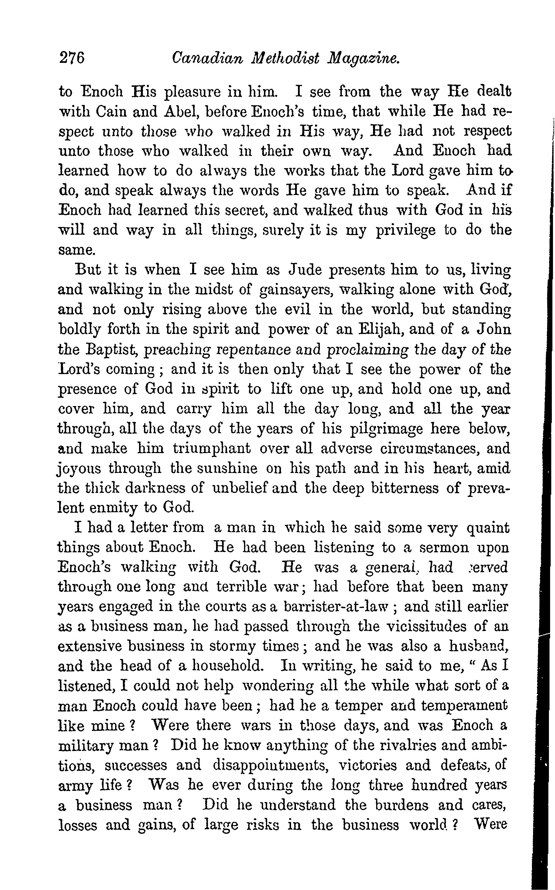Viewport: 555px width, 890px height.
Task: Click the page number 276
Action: pos(72,58)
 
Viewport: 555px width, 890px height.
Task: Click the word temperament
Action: pos(464,705)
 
